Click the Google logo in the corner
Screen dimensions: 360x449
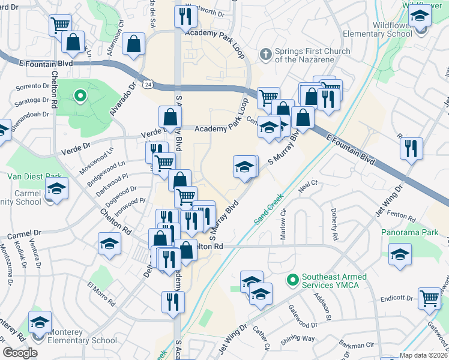(20, 353)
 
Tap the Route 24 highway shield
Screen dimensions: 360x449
(147, 78)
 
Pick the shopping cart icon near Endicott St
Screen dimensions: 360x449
(430, 298)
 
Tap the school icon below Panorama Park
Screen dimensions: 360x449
(400, 254)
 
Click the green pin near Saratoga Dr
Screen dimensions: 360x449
(79, 95)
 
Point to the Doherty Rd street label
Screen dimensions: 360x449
(334, 222)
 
